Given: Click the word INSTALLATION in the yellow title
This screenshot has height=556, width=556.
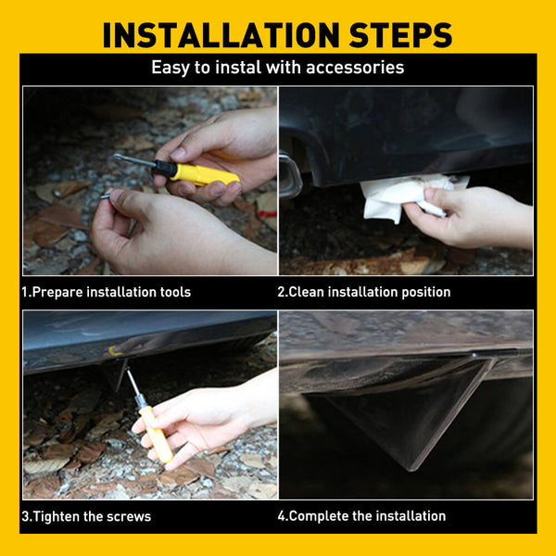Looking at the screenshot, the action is [221, 35].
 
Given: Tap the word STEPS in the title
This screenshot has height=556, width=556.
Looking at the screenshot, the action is [400, 35].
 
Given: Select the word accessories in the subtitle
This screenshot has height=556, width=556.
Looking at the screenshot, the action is [355, 68].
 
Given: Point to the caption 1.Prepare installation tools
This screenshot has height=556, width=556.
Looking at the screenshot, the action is [106, 292].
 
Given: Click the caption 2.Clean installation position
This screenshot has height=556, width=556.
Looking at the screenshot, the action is [364, 292].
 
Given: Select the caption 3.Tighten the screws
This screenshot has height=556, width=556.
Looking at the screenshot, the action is [86, 516].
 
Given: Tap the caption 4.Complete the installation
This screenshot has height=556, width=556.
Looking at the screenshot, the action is [361, 516].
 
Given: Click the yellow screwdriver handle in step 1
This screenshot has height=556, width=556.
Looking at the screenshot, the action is [203, 174].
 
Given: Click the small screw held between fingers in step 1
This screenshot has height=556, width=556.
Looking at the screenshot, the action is [106, 196].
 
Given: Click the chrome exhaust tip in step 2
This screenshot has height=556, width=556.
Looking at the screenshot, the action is [290, 174].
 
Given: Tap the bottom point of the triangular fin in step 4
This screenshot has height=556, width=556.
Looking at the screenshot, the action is [411, 471].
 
